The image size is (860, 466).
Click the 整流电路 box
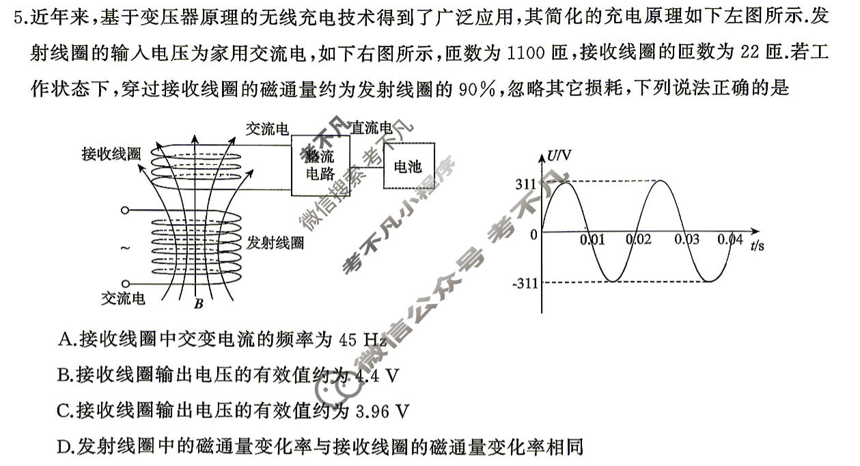coord(321,166)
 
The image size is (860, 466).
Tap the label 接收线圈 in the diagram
coord(111,153)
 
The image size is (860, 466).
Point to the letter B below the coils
coord(197,303)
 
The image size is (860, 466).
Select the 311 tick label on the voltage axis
coord(527,183)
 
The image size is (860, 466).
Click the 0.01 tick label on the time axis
coord(592,240)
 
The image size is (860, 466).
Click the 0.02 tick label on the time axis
coord(639,240)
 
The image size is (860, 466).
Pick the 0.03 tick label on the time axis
coord(686,240)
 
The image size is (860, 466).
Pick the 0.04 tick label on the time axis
coord(730,240)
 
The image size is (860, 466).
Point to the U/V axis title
coord(559,156)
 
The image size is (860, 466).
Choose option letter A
coord(66,339)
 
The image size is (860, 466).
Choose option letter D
coord(66,447)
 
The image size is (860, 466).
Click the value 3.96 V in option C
coord(383,411)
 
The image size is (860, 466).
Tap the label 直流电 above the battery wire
coord(373,128)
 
